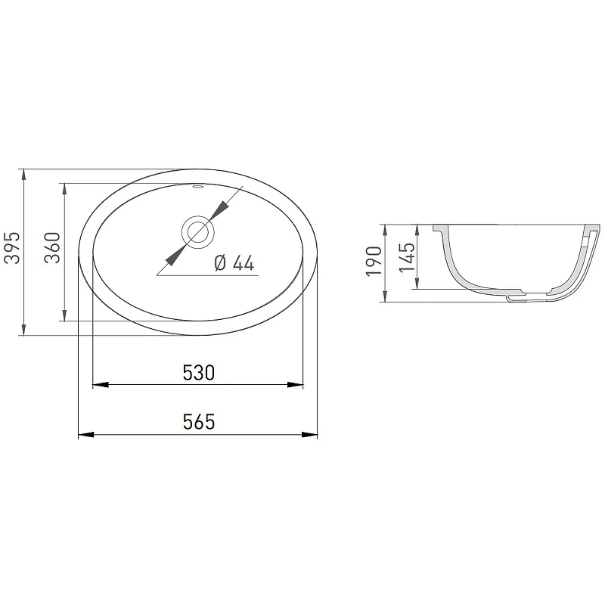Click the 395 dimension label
(x=11, y=248)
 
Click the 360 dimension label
(x=52, y=248)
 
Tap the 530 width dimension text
(x=198, y=373)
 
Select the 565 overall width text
(x=199, y=422)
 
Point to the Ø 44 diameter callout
(x=234, y=263)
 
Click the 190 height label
(x=374, y=261)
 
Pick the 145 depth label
(x=407, y=257)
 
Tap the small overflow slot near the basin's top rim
(x=198, y=188)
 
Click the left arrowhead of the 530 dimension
(x=101, y=385)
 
